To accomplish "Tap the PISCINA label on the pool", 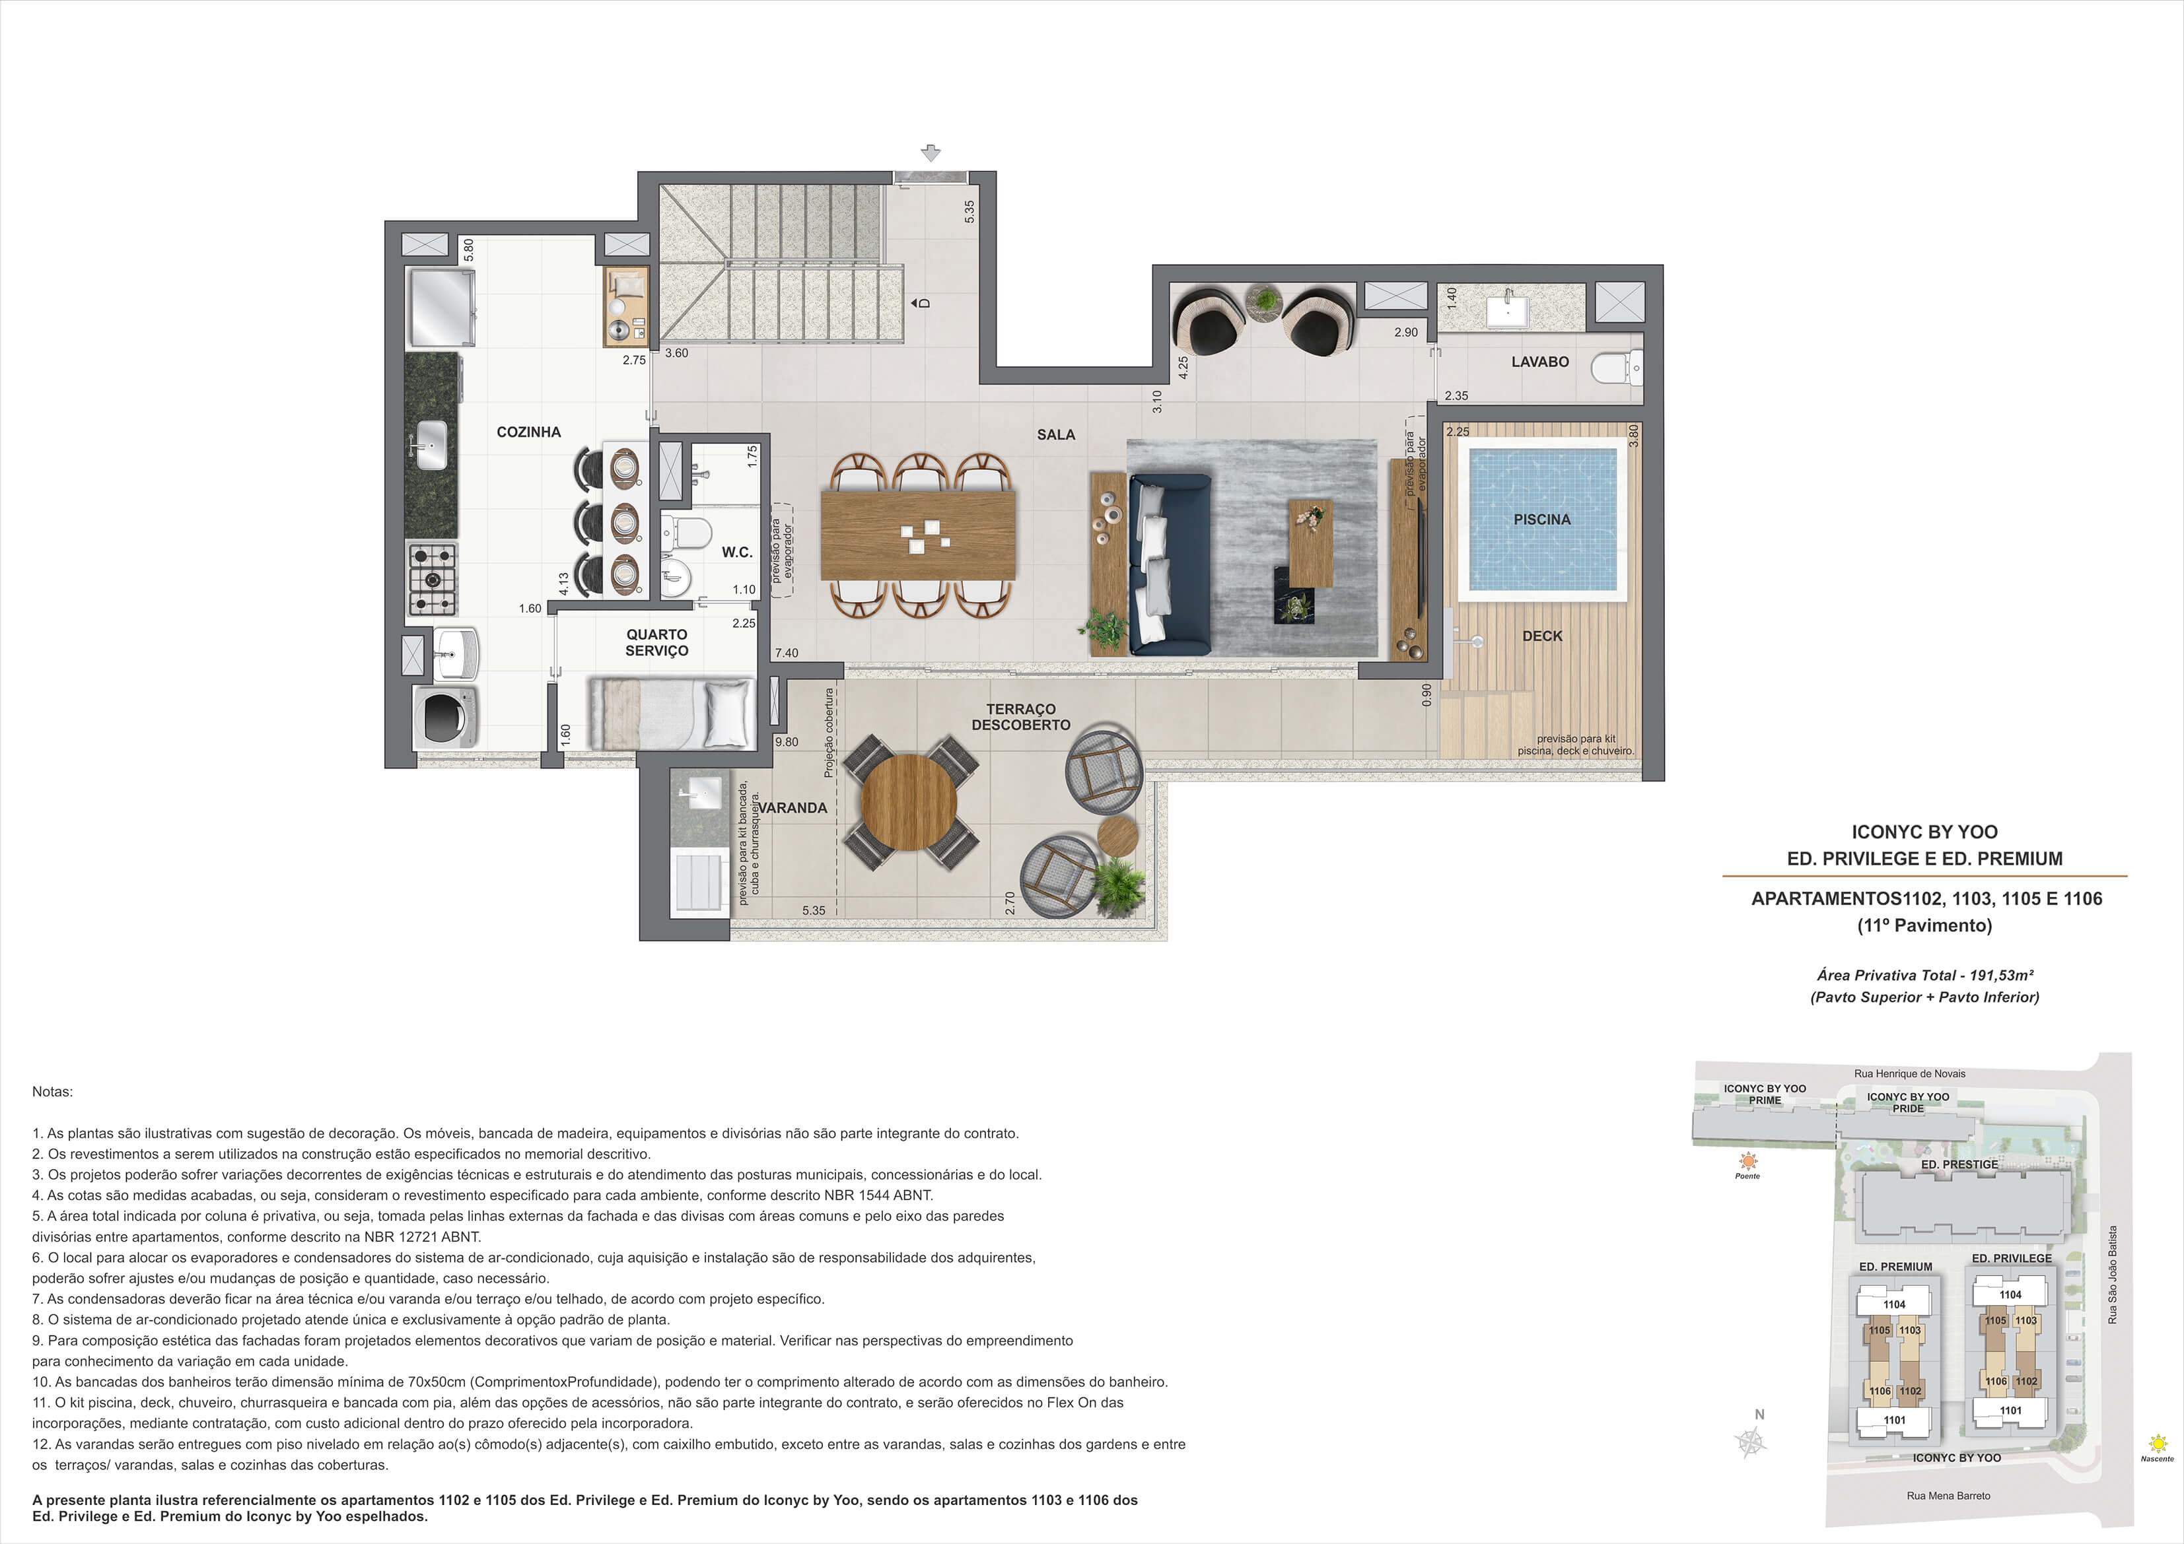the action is click(1542, 519).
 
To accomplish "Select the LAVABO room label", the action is click(1540, 361).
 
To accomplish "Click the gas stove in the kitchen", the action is click(432, 578).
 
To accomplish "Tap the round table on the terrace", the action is click(909, 801).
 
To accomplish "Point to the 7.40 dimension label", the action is click(787, 653).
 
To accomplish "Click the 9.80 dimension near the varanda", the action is click(787, 741).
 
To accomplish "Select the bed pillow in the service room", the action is click(728, 712).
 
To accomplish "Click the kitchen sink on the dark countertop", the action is click(430, 444).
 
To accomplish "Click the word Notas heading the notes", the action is click(52, 1091).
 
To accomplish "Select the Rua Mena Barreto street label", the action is click(1948, 1496).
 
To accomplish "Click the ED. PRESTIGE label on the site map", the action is click(1959, 1164).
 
